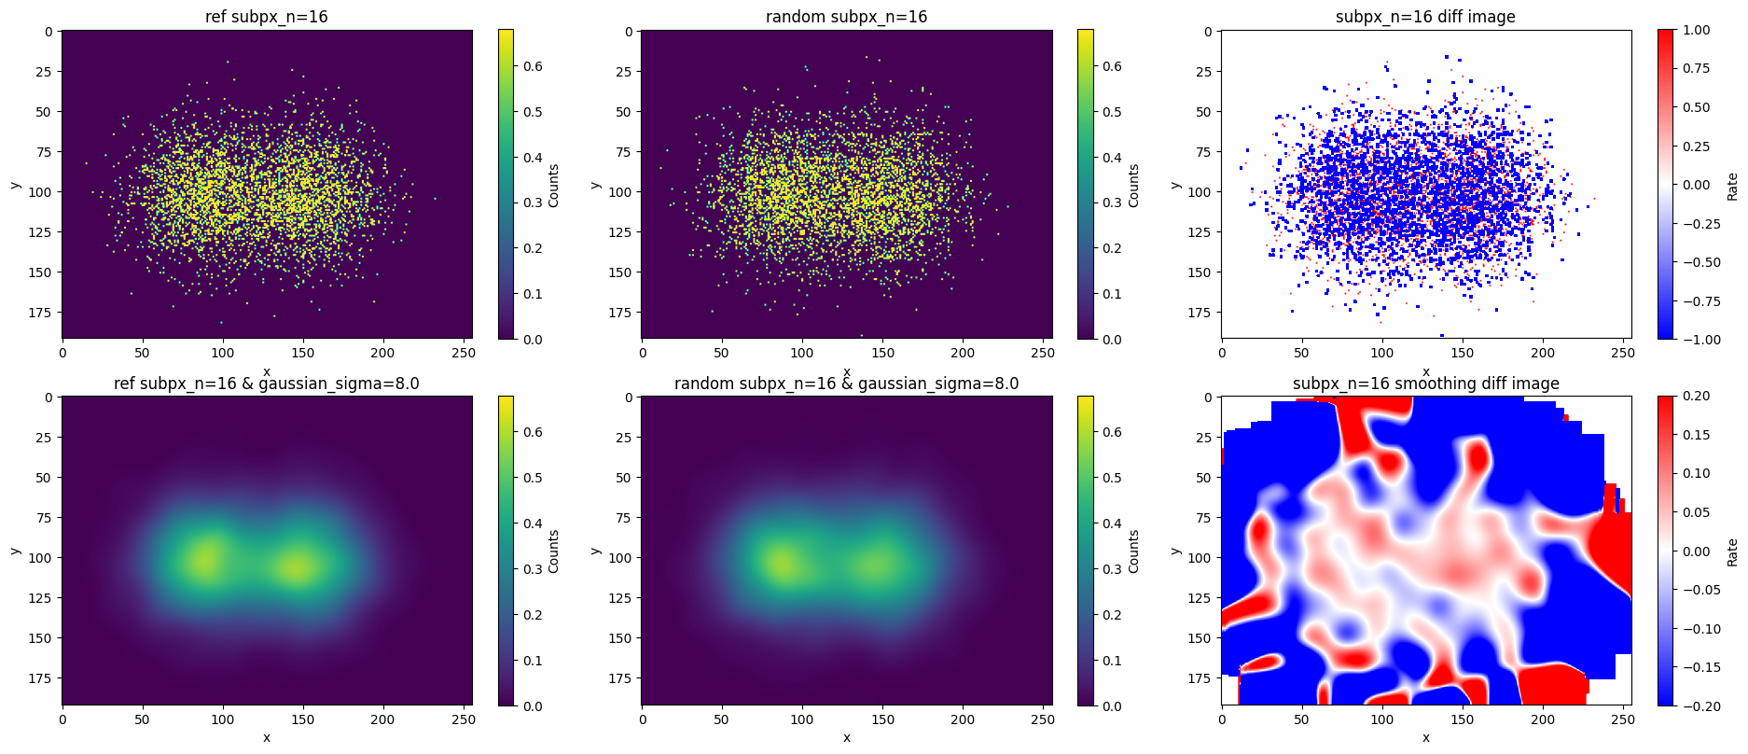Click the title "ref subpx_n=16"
point(267,17)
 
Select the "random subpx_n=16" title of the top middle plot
point(846,17)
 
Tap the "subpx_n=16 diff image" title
point(1425,17)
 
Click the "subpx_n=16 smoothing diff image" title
point(1425,384)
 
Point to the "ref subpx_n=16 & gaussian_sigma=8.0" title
point(267,384)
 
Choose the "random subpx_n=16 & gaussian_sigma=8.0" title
point(846,384)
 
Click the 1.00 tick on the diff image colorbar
point(1697,30)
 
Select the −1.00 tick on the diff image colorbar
point(1694,339)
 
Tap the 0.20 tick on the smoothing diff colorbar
point(1697,396)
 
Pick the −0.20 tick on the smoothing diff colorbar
point(1694,705)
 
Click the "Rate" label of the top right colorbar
point(1732,186)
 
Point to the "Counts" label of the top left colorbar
point(554,186)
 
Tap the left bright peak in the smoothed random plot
point(782,562)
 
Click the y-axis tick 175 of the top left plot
point(41,313)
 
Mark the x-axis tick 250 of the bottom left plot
point(463,719)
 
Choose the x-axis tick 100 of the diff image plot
point(1381,353)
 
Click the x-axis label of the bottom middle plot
point(846,737)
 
